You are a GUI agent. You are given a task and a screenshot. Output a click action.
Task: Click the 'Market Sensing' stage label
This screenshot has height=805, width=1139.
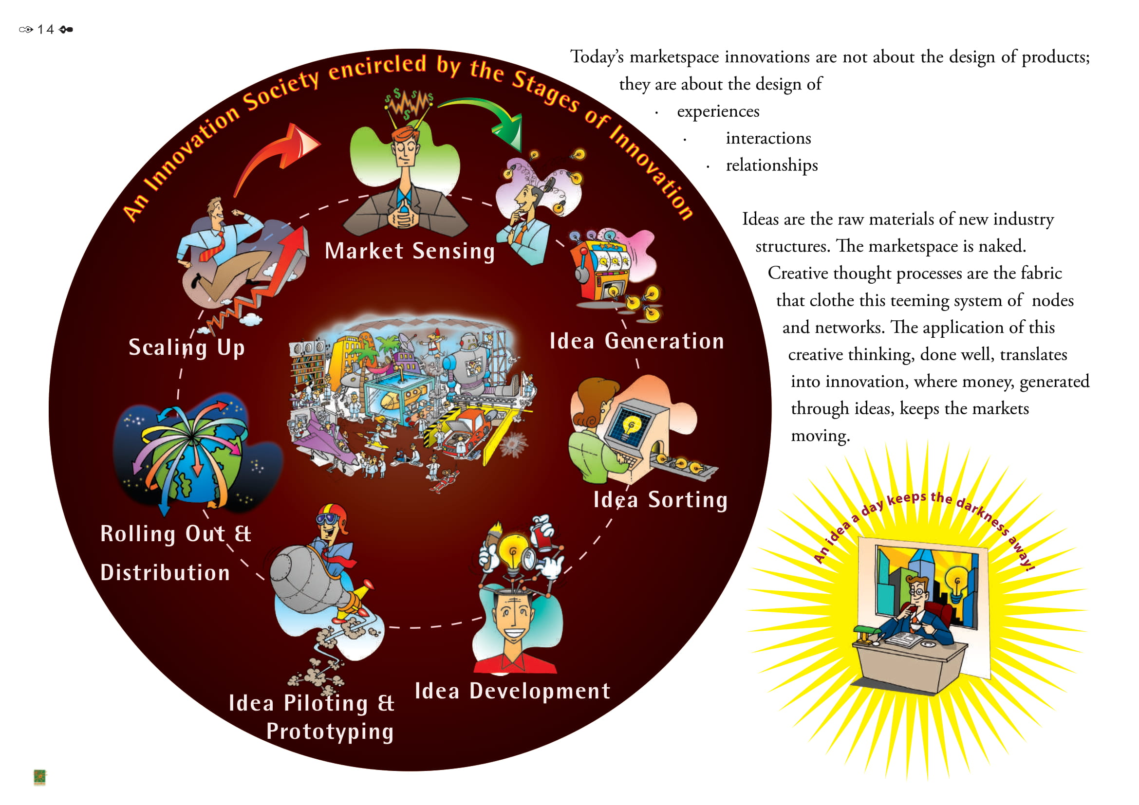pyautogui.click(x=410, y=251)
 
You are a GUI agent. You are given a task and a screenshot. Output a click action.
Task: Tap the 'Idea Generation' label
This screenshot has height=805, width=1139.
pyautogui.click(x=636, y=342)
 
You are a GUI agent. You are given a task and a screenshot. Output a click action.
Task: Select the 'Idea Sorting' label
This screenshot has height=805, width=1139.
pyautogui.click(x=660, y=500)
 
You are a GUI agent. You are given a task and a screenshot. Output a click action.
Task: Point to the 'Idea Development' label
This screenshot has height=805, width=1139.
pyautogui.click(x=512, y=691)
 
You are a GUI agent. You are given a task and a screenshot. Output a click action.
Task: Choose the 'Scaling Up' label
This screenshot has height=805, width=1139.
pyautogui.click(x=187, y=348)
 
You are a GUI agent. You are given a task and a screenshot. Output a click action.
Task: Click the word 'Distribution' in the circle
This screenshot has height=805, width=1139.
pyautogui.click(x=165, y=573)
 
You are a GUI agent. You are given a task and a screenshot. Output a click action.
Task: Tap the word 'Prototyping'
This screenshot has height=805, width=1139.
pyautogui.click(x=330, y=732)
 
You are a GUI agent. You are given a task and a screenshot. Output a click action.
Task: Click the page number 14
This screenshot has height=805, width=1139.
pyautogui.click(x=46, y=30)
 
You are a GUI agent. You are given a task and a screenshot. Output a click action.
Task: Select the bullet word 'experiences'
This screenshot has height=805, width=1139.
pyautogui.click(x=718, y=111)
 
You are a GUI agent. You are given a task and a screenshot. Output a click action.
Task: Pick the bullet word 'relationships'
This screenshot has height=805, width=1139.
pyautogui.click(x=771, y=165)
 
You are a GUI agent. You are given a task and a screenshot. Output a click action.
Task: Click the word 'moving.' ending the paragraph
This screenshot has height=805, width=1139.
pyautogui.click(x=820, y=436)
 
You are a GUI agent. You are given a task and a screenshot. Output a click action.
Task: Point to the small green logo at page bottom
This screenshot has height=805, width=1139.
pyautogui.click(x=39, y=777)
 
